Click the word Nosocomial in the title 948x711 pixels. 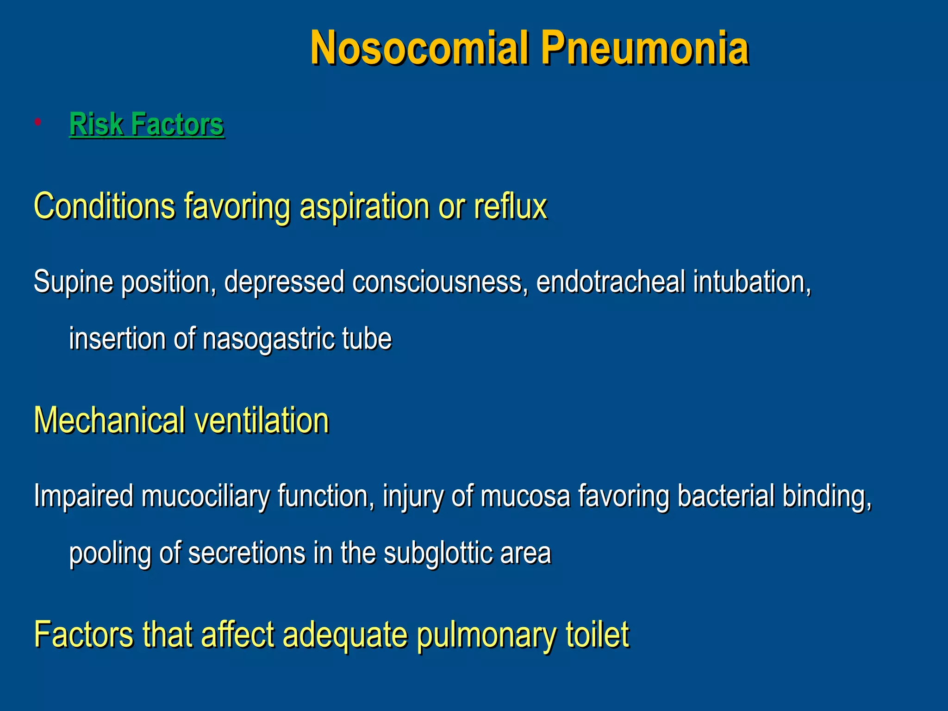coord(419,48)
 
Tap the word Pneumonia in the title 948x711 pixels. coord(644,48)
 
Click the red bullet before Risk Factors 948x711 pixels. coord(38,122)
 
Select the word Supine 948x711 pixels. coord(73,282)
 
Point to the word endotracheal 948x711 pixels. coord(610,282)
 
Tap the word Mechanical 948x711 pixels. coord(109,420)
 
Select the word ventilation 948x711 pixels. coord(262,420)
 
